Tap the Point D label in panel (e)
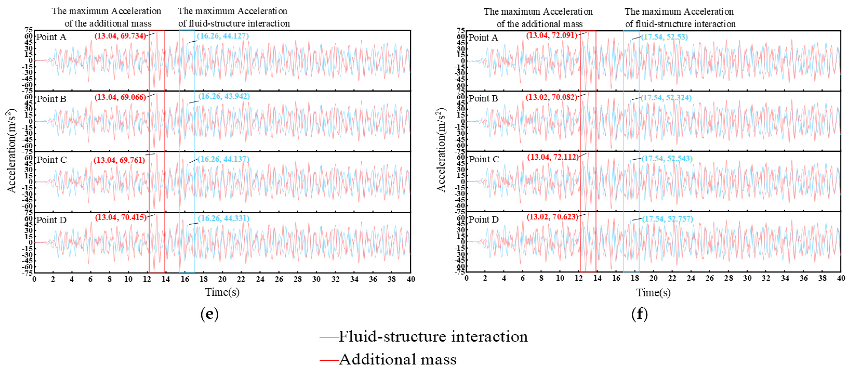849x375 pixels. tap(51, 220)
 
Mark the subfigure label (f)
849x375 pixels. tap(639, 314)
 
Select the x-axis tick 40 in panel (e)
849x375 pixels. tap(410, 279)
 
